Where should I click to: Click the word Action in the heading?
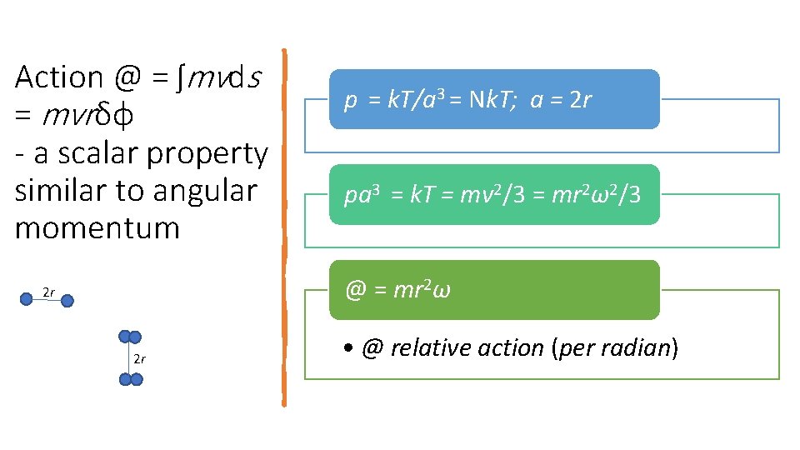(58, 77)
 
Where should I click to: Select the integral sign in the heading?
(180, 77)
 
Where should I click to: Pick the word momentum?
(97, 227)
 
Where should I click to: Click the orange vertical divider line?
(284, 225)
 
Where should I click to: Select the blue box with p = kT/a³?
(494, 99)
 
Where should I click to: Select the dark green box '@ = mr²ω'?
(494, 290)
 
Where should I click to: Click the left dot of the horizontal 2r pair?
(27, 297)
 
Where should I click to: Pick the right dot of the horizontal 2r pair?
(67, 300)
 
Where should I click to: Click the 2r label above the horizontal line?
(49, 292)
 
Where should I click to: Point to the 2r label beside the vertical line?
(140, 359)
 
